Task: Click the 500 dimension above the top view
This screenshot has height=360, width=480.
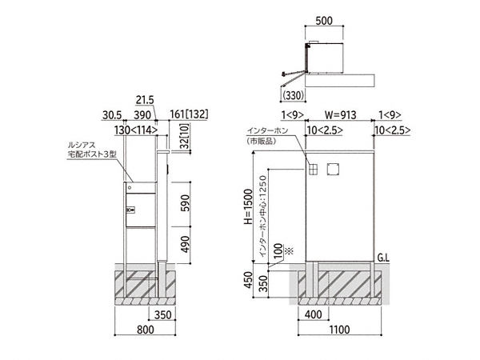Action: tap(323, 21)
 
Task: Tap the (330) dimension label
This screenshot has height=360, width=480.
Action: tap(294, 95)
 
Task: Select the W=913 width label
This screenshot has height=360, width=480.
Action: tap(340, 115)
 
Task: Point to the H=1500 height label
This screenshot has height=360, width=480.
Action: tap(249, 206)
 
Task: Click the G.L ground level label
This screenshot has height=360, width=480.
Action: tap(383, 258)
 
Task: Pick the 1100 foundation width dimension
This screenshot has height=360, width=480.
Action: tap(339, 330)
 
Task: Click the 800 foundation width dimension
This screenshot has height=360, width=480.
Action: tap(145, 330)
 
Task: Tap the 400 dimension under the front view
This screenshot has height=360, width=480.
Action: tap(314, 314)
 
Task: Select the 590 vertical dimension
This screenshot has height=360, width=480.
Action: tap(185, 202)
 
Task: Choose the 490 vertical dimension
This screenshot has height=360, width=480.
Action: tap(185, 245)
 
